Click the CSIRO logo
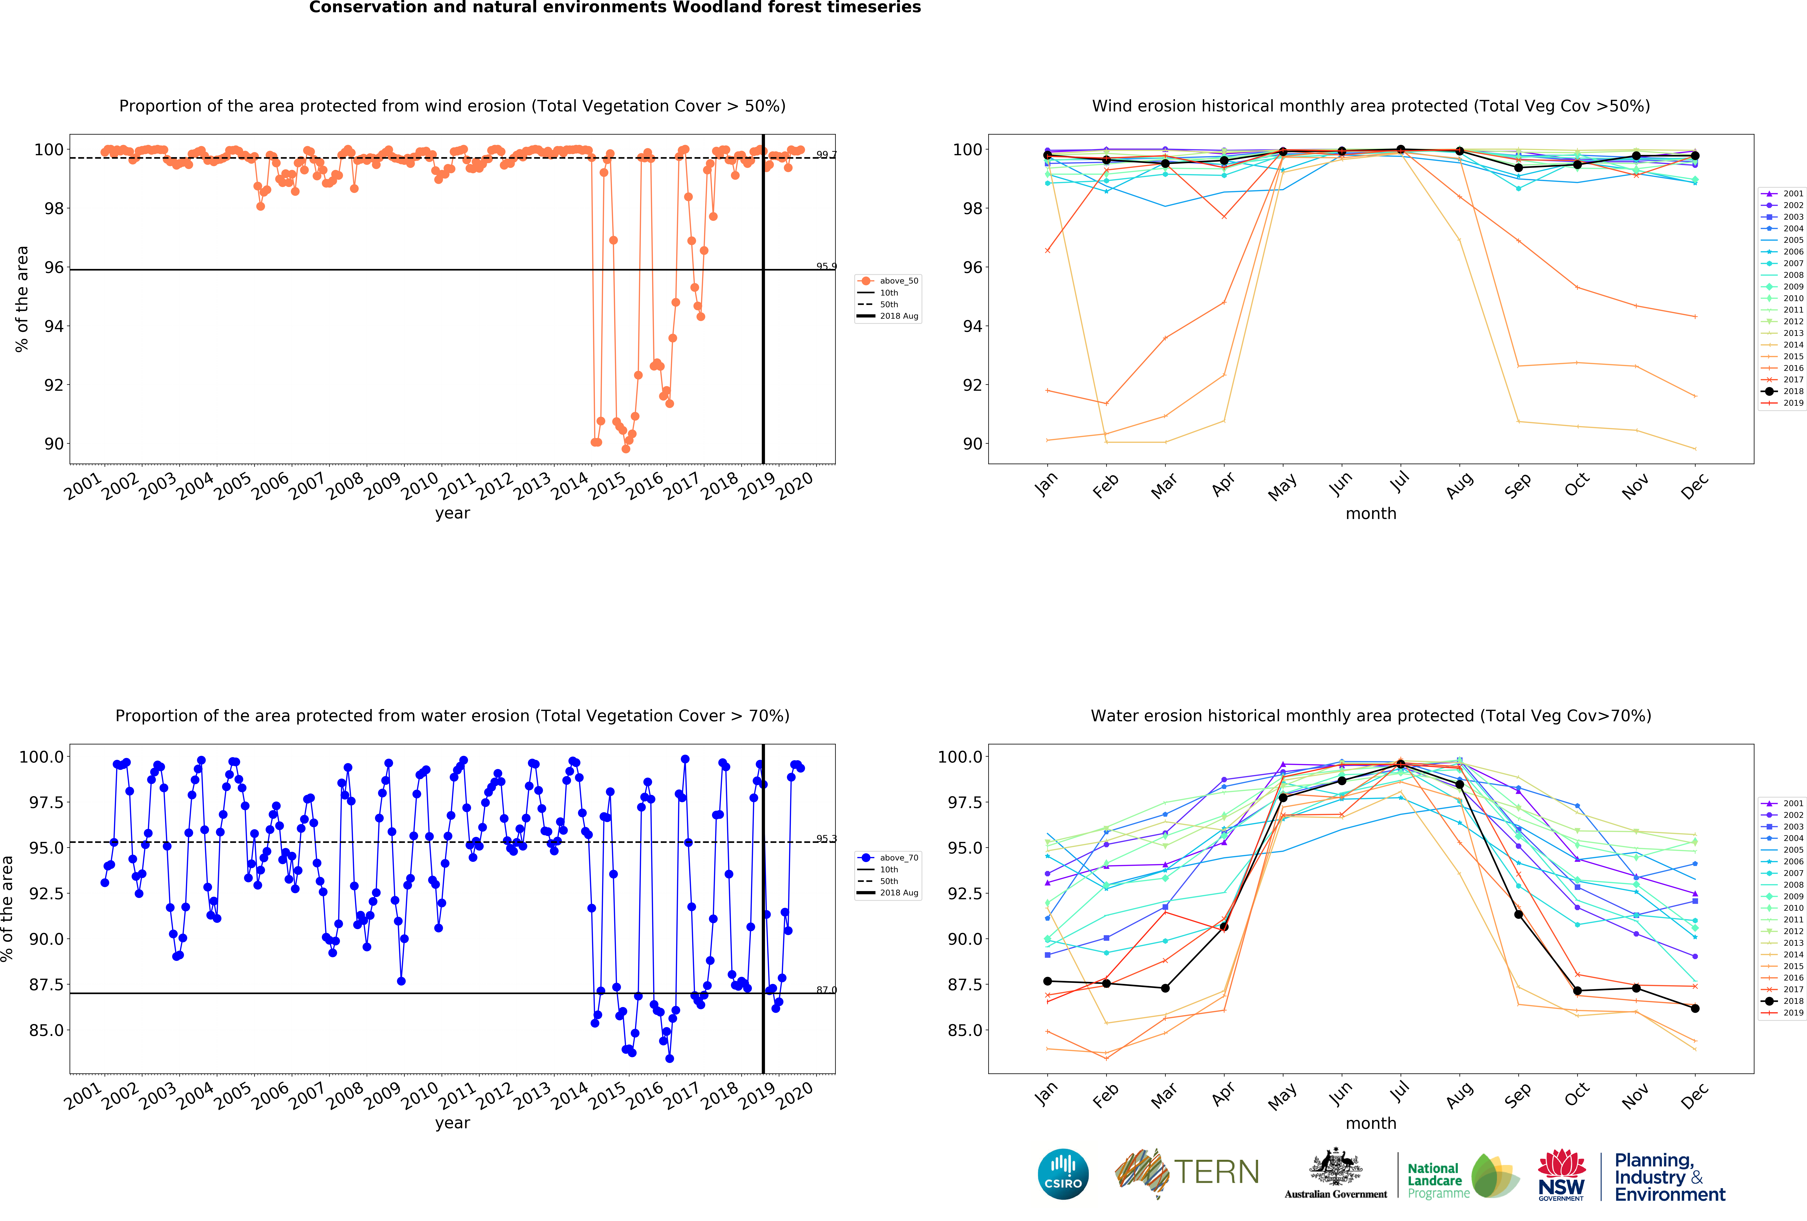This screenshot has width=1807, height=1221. click(1063, 1174)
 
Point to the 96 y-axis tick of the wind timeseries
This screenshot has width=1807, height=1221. click(54, 267)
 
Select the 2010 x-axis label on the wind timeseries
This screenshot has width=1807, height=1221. click(420, 486)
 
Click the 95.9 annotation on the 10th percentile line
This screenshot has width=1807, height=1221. click(826, 266)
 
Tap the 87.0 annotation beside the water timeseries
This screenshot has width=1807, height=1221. click(826, 990)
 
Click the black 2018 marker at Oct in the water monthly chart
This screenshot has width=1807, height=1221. click(1577, 991)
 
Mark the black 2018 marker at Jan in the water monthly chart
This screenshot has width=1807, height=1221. click(1047, 981)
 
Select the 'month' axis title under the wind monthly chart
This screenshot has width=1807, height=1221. click(1371, 513)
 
